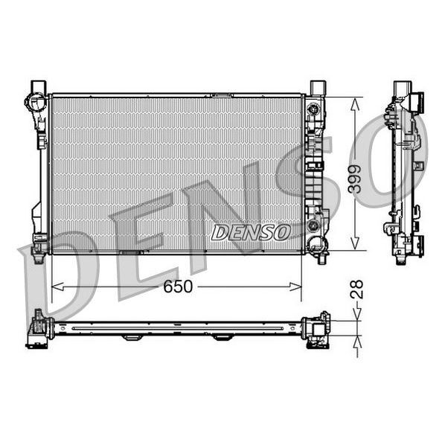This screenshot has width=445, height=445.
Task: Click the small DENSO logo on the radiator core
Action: tap(250, 232)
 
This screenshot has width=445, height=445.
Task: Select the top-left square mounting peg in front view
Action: tap(38, 86)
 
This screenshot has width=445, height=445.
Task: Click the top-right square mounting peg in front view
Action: tap(317, 86)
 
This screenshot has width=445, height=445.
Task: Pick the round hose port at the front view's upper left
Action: tap(33, 102)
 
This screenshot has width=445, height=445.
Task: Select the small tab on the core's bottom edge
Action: tap(131, 253)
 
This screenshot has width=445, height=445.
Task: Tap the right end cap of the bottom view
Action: tap(317, 328)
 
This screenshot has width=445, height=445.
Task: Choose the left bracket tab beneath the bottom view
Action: tap(132, 338)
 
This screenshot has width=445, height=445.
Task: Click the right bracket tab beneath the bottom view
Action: tap(222, 338)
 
